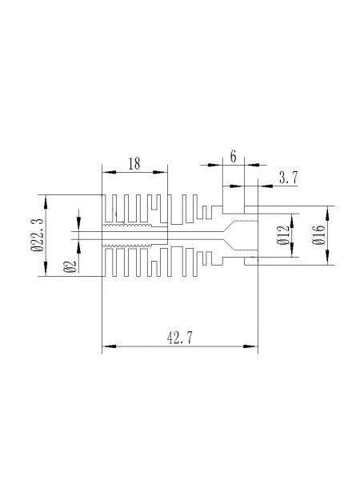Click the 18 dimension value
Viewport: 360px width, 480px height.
(x=134, y=164)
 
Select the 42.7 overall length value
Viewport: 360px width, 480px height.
(x=180, y=338)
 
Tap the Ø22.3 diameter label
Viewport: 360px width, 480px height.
(x=38, y=235)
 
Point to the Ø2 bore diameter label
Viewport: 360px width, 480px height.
(x=70, y=266)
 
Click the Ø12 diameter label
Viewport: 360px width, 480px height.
(x=283, y=235)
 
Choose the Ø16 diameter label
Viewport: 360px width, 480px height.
(x=318, y=235)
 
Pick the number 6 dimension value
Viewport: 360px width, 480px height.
(x=234, y=157)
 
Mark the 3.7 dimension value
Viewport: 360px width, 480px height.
(x=288, y=178)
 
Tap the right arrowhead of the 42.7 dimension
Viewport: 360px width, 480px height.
(x=250, y=346)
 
